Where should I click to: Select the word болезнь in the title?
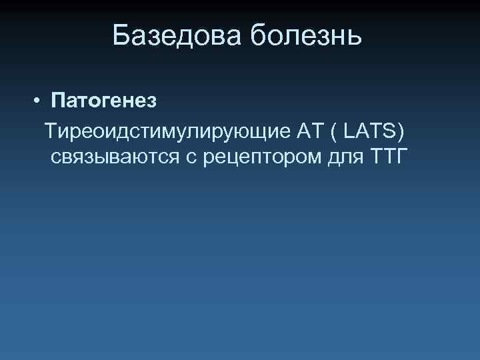point(306,35)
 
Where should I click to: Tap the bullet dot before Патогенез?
point(39,101)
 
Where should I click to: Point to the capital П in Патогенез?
point(58,101)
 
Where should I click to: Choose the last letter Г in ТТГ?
point(401,157)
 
